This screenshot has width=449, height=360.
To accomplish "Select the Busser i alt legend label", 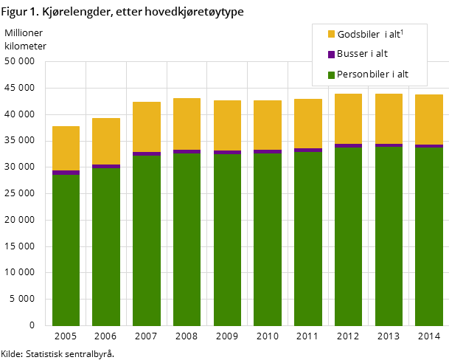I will pyautogui.click(x=362, y=54).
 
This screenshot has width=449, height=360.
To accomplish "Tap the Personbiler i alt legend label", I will pyautogui.click(x=372, y=75).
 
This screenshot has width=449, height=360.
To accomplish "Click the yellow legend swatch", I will pyautogui.click(x=331, y=34).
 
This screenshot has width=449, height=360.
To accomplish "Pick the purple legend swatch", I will pyautogui.click(x=331, y=54).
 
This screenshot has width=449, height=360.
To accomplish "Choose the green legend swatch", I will pyautogui.click(x=331, y=75).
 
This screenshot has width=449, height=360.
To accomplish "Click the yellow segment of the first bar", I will pyautogui.click(x=66, y=148).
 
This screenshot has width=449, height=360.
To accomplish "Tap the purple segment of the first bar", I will pyautogui.click(x=66, y=173).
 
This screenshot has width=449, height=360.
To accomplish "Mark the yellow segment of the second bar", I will pyautogui.click(x=106, y=141).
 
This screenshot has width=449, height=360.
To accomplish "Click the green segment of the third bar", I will pyautogui.click(x=147, y=240).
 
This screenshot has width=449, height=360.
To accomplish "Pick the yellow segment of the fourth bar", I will pyautogui.click(x=187, y=124).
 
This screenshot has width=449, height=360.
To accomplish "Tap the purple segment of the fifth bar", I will pyautogui.click(x=227, y=152).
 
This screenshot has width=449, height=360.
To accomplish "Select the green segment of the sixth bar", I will pyautogui.click(x=268, y=239).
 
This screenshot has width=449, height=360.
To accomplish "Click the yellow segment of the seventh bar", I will pyautogui.click(x=308, y=123).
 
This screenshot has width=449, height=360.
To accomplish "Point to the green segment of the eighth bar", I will pyautogui.click(x=348, y=236).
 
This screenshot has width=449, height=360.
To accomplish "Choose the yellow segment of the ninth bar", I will pyautogui.click(x=389, y=119).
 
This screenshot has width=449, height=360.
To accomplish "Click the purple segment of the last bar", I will pyautogui.click(x=429, y=146).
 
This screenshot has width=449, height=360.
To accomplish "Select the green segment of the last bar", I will pyautogui.click(x=429, y=236).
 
